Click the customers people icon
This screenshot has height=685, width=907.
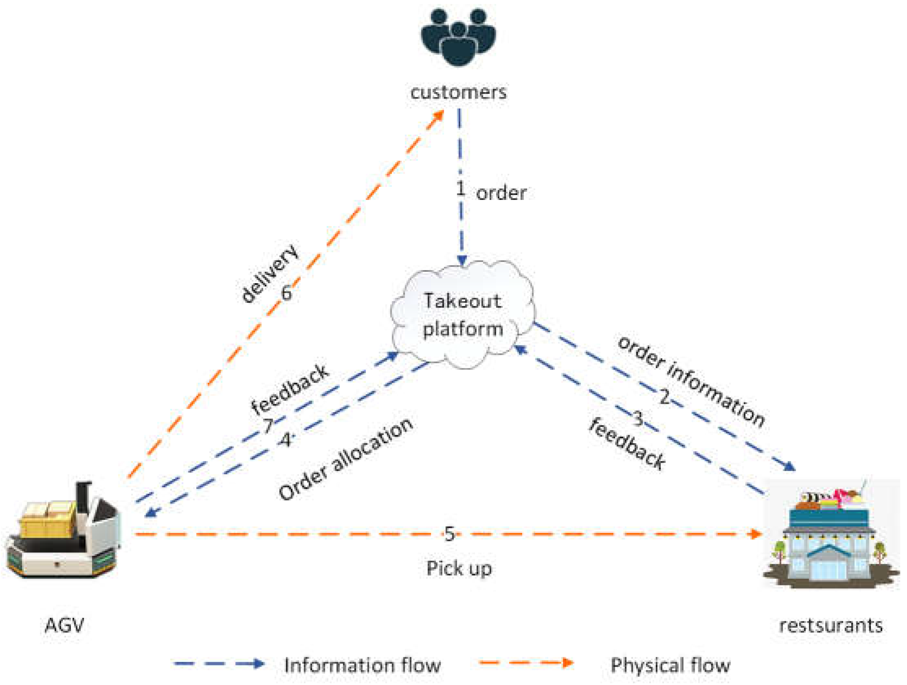458,37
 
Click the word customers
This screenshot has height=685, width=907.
458,92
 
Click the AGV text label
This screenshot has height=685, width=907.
64,625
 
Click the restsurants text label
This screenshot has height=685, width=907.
830,625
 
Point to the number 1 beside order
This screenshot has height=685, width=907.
461,189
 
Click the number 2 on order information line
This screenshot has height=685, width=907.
664,397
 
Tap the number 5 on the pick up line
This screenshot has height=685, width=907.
450,534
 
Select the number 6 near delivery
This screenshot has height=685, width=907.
286,293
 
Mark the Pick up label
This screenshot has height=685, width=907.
459,568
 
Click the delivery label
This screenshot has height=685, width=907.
269,273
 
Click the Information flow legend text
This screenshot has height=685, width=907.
362,665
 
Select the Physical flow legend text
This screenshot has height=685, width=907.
670,665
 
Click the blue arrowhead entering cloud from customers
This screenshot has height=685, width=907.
462,260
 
